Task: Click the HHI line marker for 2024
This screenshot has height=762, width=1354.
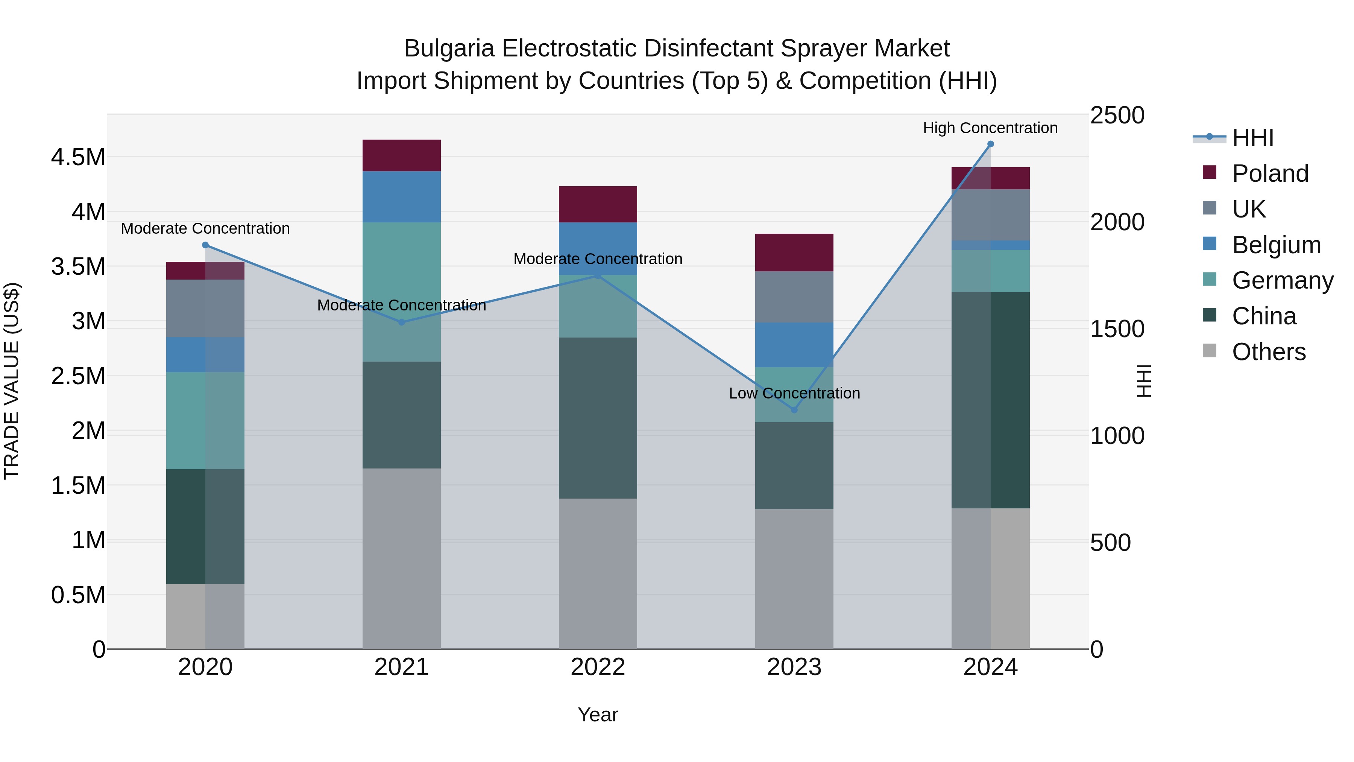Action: (990, 144)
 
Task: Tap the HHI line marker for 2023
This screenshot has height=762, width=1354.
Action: (794, 410)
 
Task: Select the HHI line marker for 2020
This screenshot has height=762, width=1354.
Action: (205, 245)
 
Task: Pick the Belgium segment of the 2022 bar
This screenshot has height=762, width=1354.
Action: (598, 248)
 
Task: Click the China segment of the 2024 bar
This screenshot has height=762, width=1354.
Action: (990, 400)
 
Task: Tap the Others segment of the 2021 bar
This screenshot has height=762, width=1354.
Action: (402, 558)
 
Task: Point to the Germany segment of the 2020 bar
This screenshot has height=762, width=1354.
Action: (205, 420)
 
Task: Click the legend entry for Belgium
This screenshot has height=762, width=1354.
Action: (1276, 245)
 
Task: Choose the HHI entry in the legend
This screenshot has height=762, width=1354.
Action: (1252, 138)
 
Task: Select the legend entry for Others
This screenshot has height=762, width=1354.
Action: (1268, 352)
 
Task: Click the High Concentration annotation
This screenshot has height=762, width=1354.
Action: (990, 128)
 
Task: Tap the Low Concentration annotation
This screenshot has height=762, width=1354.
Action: (794, 393)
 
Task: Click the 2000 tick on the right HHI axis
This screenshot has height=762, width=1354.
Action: (1117, 222)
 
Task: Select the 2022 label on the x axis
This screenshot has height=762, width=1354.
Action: (598, 667)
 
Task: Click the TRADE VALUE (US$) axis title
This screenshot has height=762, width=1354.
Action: (12, 381)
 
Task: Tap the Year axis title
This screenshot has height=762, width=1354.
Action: (598, 715)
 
